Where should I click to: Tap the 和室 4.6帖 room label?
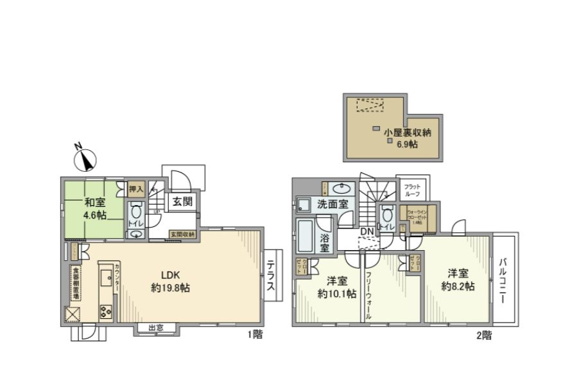tap(94, 208)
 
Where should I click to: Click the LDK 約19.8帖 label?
tap(169, 282)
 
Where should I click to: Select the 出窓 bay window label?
tap(156, 328)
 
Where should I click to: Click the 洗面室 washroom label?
tap(333, 205)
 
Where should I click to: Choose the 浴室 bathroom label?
tap(326, 242)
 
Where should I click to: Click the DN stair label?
tap(367, 231)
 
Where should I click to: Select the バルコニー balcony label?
tap(504, 280)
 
